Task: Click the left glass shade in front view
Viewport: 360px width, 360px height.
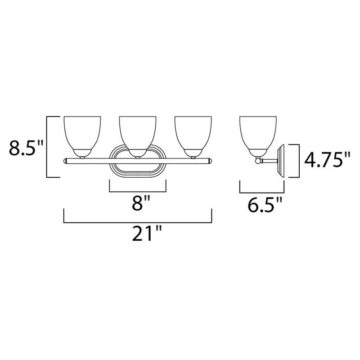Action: (82, 133)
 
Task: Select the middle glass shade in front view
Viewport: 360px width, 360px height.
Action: (138, 133)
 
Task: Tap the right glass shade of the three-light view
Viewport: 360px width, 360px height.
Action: (193, 133)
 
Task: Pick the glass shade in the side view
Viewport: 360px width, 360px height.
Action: (258, 133)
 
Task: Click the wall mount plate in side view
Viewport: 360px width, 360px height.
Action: (283, 160)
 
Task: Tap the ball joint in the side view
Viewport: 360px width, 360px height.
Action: (258, 160)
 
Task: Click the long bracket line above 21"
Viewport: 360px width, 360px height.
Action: (138, 221)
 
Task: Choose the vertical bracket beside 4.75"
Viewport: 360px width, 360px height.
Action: (297, 160)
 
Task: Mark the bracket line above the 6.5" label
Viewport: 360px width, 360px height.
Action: (261, 191)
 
